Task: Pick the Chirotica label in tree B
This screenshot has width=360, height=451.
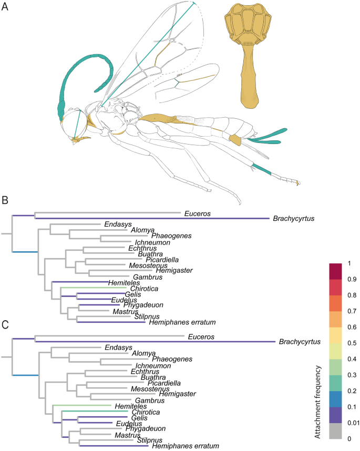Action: point(139,289)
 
